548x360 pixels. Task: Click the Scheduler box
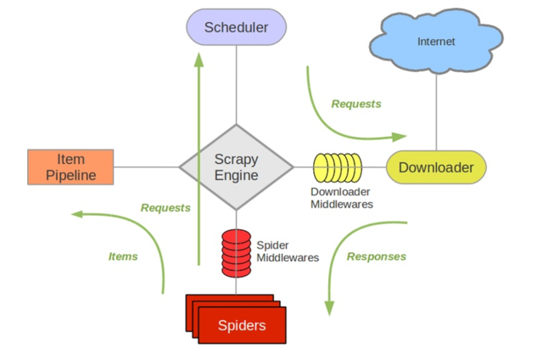237,27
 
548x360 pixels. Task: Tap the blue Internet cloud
436,41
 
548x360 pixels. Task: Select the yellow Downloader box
436,167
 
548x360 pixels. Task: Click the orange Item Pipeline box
70,167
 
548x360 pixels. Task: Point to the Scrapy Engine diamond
237,167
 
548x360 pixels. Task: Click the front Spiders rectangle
242,325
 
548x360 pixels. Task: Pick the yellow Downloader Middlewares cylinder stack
338,168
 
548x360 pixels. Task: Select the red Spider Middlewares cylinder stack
237,253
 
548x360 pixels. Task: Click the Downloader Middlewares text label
342,198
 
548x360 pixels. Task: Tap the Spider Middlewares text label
288,251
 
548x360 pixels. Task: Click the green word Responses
377,256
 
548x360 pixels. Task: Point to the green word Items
123,256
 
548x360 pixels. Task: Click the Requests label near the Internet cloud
356,104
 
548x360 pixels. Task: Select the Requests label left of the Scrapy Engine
165,208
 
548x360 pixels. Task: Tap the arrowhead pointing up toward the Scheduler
199,59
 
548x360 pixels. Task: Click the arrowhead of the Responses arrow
329,308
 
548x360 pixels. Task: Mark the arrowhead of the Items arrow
77,214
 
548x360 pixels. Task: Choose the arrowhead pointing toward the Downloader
399,137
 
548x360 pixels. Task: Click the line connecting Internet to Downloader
436,112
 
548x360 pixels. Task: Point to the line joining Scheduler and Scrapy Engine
237,85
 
